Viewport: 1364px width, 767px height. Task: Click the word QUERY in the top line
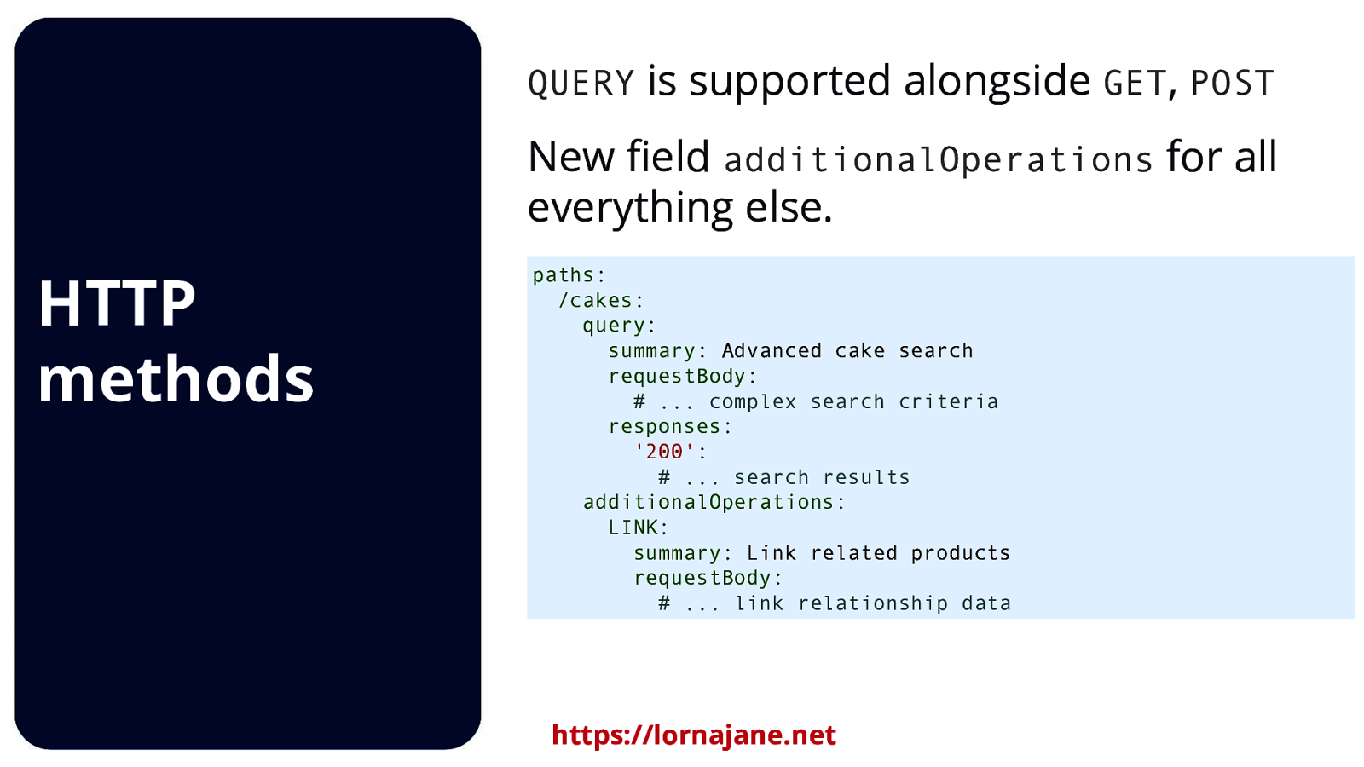click(x=581, y=84)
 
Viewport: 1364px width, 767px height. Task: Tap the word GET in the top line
click(x=1134, y=84)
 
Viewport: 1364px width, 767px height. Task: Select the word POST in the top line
click(x=1232, y=84)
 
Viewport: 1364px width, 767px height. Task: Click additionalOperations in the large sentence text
click(x=938, y=160)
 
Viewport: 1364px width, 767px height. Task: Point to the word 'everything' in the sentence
click(x=630, y=207)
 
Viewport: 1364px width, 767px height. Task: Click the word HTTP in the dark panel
click(x=117, y=303)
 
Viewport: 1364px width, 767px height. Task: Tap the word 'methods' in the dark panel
click(x=176, y=378)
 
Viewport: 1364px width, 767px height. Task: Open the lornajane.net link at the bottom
click(x=693, y=735)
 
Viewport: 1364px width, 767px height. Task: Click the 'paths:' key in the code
click(x=569, y=275)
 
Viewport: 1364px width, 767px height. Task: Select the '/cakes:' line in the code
click(x=601, y=301)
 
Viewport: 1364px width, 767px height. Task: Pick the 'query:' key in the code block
click(x=619, y=326)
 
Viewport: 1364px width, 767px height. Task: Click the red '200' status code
click(x=664, y=452)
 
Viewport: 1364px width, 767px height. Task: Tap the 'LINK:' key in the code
click(x=638, y=528)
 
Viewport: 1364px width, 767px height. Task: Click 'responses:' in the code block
click(x=670, y=426)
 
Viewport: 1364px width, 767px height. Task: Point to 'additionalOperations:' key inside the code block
click(x=714, y=502)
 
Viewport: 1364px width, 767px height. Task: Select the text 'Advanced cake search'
click(x=847, y=351)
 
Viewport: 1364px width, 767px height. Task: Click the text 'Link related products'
click(x=878, y=553)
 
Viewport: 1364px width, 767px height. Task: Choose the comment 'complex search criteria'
click(x=852, y=401)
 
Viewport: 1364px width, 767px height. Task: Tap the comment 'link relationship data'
click(x=873, y=603)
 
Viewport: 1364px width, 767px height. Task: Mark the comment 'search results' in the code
click(x=822, y=477)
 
